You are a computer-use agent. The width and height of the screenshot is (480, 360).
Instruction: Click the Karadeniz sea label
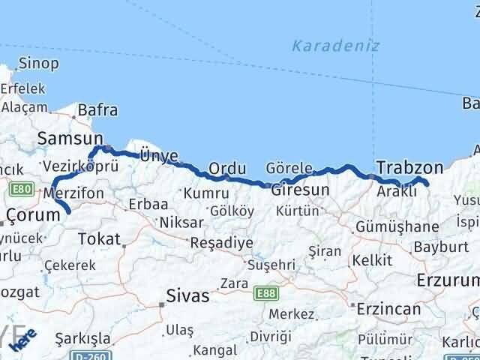(335, 46)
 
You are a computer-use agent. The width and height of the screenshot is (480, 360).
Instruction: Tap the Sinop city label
(38, 64)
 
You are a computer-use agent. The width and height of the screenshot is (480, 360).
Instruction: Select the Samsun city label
(70, 138)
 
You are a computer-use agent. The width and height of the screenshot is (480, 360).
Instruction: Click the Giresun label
(300, 190)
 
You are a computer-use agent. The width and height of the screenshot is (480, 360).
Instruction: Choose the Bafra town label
(97, 110)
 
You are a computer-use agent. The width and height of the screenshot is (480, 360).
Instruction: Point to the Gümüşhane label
(387, 226)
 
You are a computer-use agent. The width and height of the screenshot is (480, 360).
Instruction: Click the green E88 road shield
(265, 293)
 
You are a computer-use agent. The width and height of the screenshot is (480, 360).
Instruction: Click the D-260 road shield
(96, 355)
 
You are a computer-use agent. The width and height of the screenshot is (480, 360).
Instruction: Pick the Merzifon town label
(73, 193)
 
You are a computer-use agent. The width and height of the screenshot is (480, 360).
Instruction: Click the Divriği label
(265, 337)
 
